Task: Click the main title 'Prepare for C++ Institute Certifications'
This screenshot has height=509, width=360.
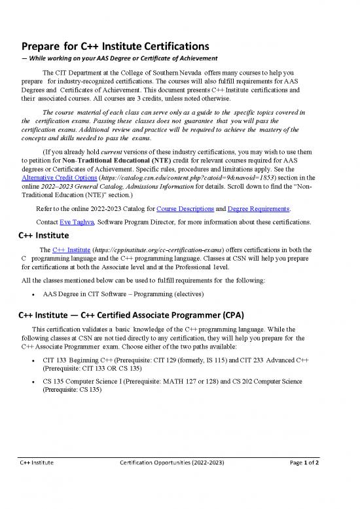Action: [x=115, y=47]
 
